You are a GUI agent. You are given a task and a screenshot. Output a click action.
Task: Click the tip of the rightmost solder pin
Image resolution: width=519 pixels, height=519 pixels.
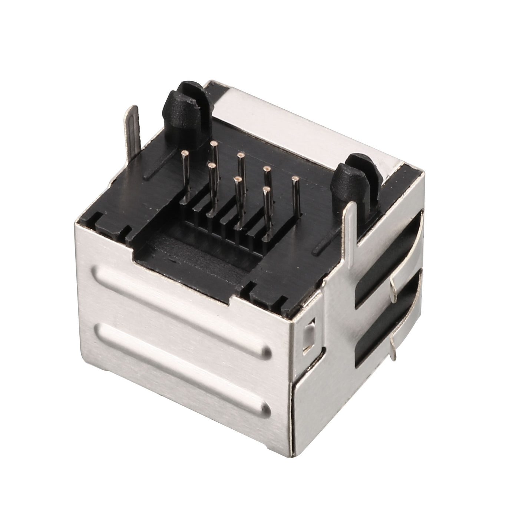tap(295, 179)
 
